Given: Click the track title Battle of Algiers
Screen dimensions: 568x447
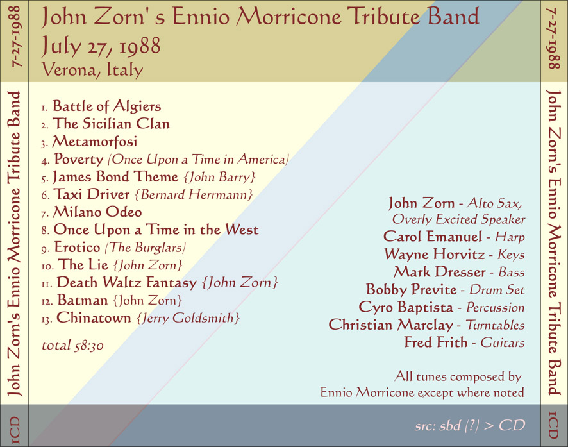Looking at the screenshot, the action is (x=106, y=106).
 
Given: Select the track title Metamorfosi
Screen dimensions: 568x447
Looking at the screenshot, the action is (x=94, y=141).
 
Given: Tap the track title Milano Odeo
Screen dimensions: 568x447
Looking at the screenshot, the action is (x=97, y=212).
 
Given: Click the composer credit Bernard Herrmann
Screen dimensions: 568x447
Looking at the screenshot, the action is (x=194, y=194).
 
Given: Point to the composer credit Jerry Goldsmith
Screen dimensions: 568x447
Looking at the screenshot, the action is (x=188, y=318).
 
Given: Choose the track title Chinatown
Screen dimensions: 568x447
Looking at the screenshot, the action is (x=94, y=317).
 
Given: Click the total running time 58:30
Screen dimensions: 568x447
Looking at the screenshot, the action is (x=89, y=345).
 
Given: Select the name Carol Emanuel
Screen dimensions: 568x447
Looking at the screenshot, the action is (x=433, y=237).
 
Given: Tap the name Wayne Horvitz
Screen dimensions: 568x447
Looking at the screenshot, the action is (x=434, y=254).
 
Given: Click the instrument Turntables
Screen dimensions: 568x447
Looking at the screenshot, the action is (x=495, y=325).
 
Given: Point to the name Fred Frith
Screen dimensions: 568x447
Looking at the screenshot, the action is (x=436, y=342).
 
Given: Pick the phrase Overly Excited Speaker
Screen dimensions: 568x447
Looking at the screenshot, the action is (x=458, y=219).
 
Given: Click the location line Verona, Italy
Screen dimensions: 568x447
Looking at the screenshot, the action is (x=92, y=69).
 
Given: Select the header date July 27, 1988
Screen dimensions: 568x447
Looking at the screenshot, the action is (x=101, y=46).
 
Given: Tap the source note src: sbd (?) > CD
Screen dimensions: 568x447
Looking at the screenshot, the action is (x=470, y=426).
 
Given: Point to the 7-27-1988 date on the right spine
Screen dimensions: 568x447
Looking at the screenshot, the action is (x=553, y=38).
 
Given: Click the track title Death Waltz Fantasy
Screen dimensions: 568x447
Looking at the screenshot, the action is (x=126, y=283).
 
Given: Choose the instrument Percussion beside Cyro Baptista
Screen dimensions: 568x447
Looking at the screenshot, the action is (x=495, y=307).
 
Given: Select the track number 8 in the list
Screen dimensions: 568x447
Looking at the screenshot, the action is (x=45, y=231).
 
